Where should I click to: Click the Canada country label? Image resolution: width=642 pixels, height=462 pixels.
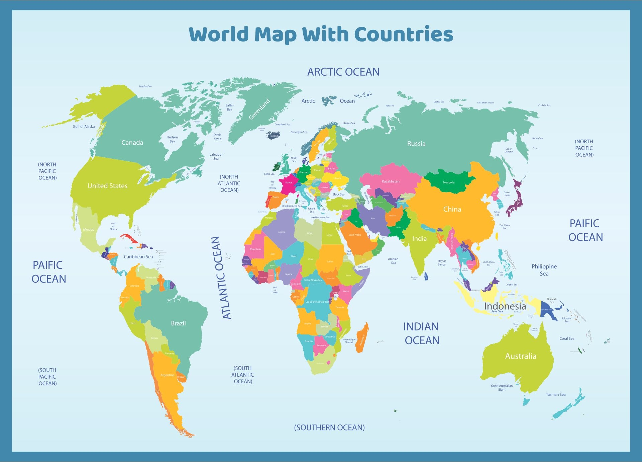click(132, 143)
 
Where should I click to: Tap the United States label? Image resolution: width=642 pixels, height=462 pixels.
click(107, 186)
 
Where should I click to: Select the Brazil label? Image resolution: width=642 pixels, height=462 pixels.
click(178, 323)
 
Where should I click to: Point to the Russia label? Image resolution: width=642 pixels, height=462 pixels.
click(416, 144)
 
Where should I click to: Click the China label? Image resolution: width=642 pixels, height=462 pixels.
click(452, 209)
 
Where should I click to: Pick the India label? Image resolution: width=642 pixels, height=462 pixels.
click(419, 239)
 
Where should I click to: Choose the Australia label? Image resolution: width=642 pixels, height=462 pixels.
click(521, 356)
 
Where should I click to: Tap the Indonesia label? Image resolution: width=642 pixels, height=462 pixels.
click(505, 306)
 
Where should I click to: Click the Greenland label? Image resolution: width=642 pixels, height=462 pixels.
click(259, 109)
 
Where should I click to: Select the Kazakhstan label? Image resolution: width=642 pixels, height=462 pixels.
click(391, 181)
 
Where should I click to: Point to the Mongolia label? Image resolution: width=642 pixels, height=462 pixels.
click(449, 183)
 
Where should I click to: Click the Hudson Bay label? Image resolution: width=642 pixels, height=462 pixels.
click(172, 139)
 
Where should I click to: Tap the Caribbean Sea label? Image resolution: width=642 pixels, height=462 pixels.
click(138, 257)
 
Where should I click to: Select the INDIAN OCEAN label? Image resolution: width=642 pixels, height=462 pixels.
click(421, 333)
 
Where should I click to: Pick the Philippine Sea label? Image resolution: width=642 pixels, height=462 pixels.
click(544, 270)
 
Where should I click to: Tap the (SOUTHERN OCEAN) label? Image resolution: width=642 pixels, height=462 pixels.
click(329, 428)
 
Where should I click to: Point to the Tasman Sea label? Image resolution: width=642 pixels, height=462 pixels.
click(556, 395)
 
